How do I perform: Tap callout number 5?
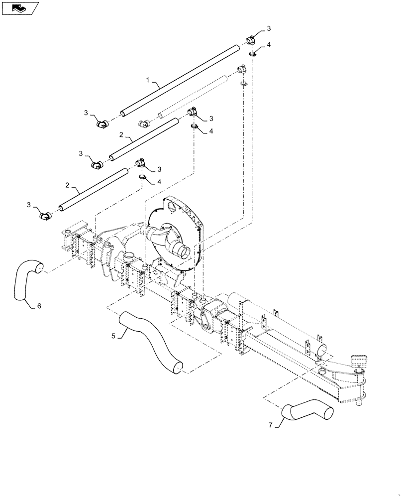click(x=113, y=336)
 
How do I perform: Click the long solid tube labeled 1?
click(x=179, y=79)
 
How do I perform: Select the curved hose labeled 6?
click(x=27, y=281)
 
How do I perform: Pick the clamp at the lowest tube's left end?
click(x=45, y=215)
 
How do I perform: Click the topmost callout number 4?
click(x=268, y=45)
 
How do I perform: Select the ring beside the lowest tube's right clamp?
click(x=142, y=177)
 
